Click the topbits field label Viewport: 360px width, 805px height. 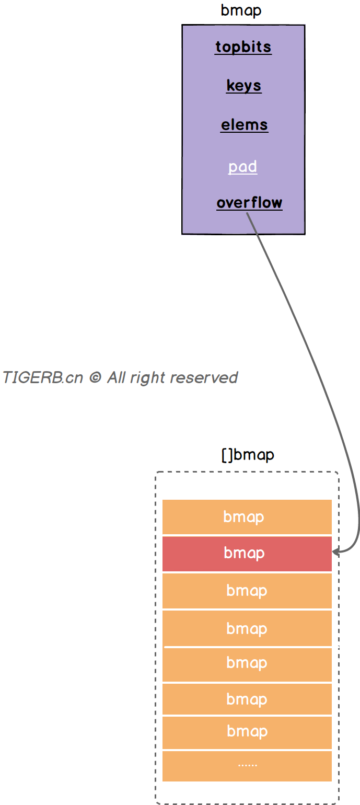point(243,47)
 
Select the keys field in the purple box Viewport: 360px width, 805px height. point(243,86)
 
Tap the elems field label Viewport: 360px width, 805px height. point(244,125)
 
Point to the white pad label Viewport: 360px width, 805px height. point(242,167)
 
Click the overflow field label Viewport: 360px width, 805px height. point(249,203)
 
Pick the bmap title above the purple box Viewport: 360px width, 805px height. point(241,11)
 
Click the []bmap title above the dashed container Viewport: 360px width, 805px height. point(248,455)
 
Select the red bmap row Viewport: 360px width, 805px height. point(247,553)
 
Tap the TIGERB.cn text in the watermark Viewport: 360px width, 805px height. point(42,377)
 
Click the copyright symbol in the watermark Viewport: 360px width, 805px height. point(95,377)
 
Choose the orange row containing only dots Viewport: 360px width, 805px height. point(247,765)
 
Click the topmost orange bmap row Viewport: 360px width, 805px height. point(247,517)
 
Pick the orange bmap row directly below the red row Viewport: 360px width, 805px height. point(247,591)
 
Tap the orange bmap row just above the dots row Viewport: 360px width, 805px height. point(247,731)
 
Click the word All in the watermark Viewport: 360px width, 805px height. point(117,377)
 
